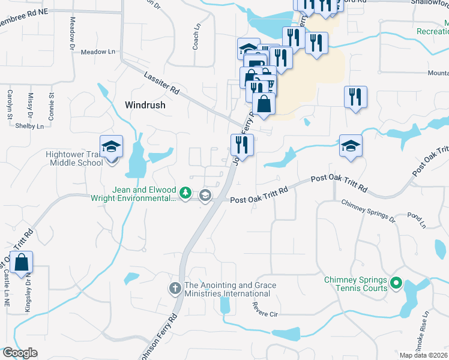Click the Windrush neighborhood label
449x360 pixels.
pos(145,104)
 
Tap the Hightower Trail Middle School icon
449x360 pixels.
pos(111,147)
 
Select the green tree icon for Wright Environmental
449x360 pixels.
pos(186,193)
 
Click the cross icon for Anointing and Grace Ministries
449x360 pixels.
pos(175,289)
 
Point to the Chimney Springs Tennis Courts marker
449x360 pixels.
pos(396,282)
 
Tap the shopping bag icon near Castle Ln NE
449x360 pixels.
pos(21,263)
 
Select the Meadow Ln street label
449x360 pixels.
pos(98,52)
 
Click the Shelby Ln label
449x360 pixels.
pos(29,126)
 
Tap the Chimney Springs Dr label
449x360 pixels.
pos(369,212)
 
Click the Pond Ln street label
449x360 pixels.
pos(416,220)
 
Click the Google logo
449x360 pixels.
pos(19,353)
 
